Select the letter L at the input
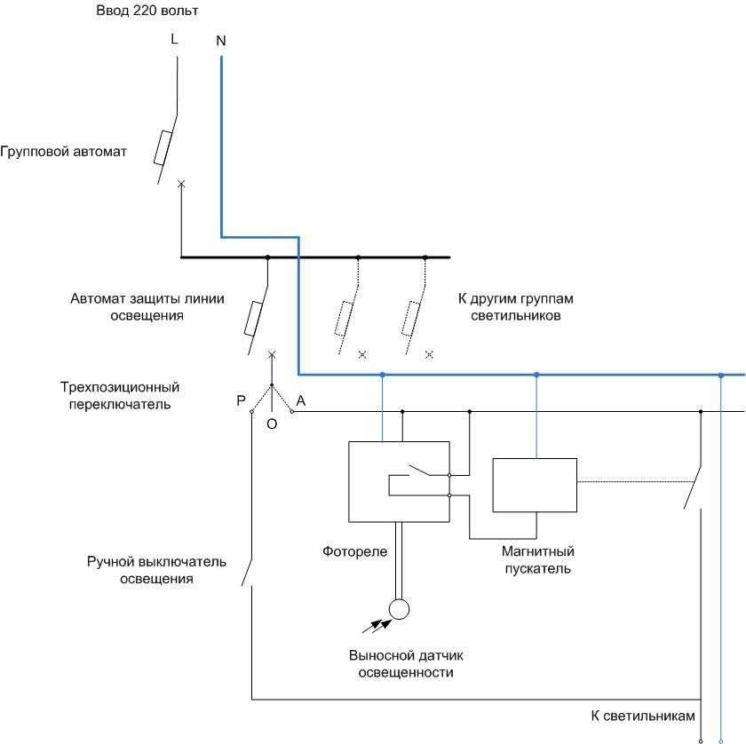coord(173,40)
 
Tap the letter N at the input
coord(220,41)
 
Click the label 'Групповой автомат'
coord(63,152)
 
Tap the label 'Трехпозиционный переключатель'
coord(119,396)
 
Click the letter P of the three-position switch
coord(241,401)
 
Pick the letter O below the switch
coord(272,424)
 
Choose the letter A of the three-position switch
coord(301,401)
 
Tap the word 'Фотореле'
coord(354,551)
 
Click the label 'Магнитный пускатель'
coord(537,560)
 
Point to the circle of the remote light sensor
coord(399,609)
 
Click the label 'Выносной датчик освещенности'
coord(406,664)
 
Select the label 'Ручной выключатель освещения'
coord(156,570)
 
